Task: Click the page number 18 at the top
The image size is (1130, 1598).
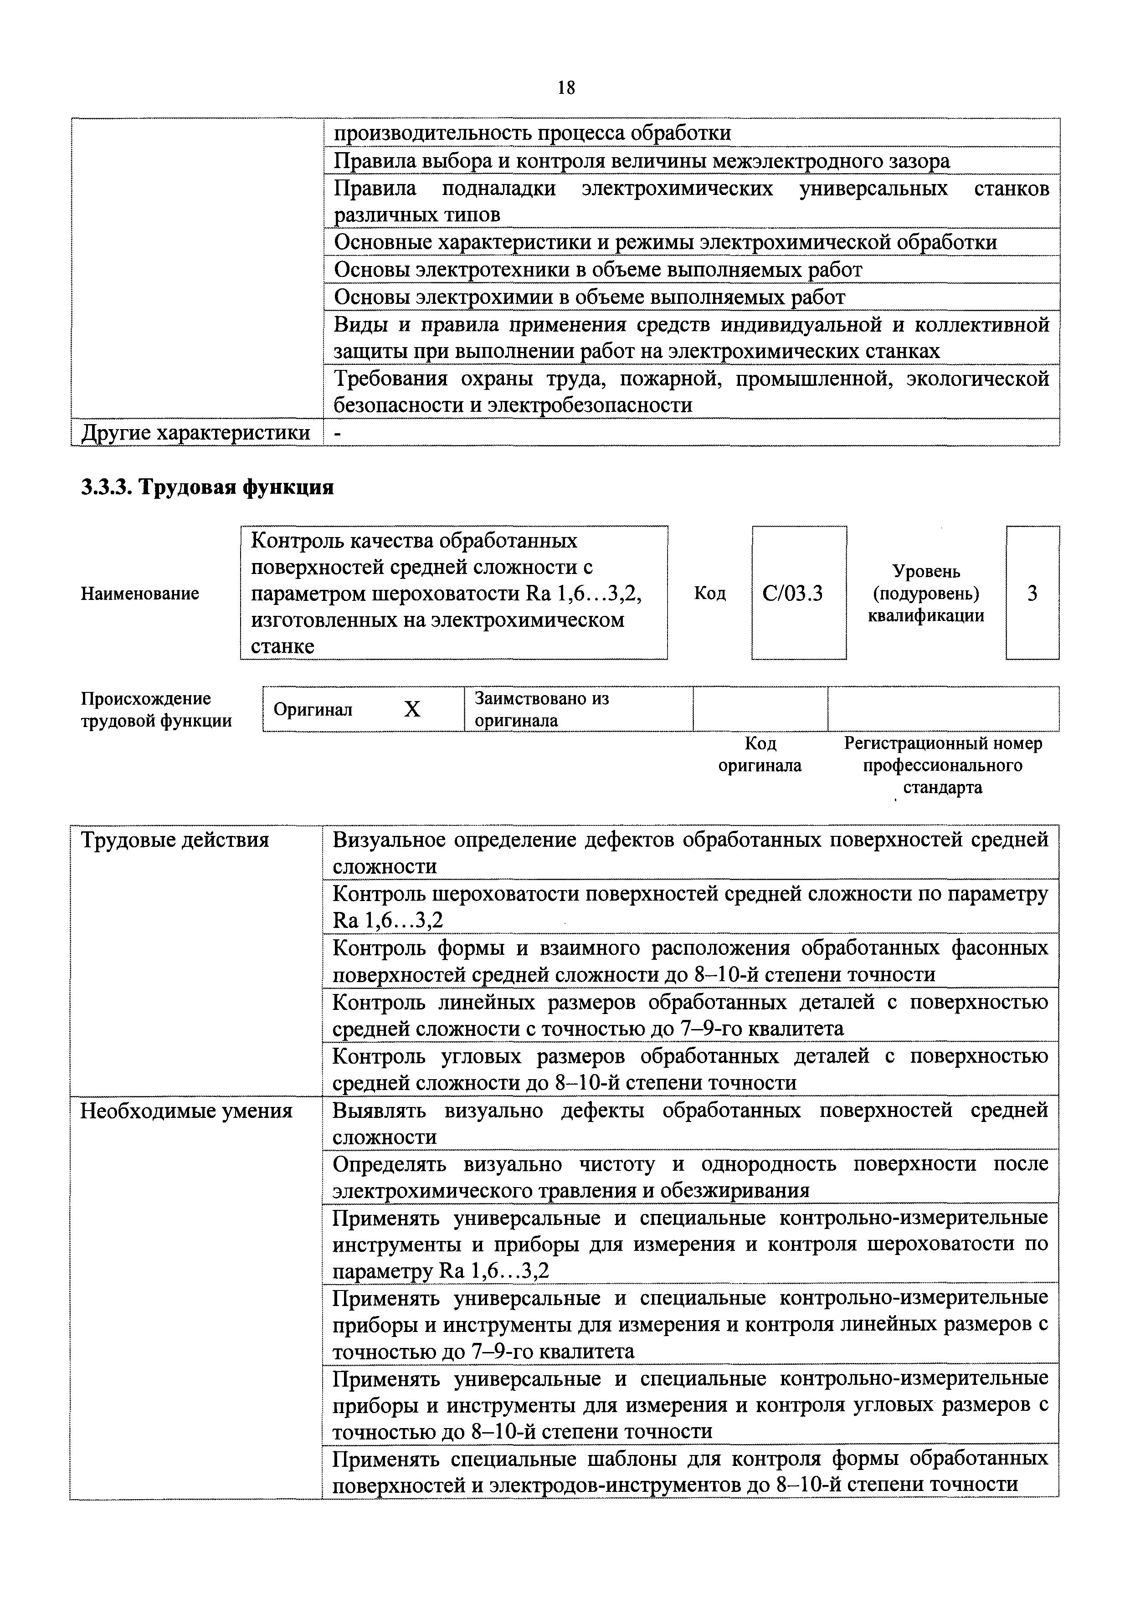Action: pyautogui.click(x=566, y=88)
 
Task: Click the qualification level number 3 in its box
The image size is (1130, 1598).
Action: pyautogui.click(x=1032, y=594)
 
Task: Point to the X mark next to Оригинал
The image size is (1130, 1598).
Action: pyautogui.click(x=413, y=709)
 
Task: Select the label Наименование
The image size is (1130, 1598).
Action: pyautogui.click(x=140, y=594)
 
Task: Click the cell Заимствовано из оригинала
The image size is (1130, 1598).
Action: pyautogui.click(x=542, y=709)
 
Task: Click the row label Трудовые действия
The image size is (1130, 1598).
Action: pyautogui.click(x=175, y=840)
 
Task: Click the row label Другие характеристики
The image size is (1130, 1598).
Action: pyautogui.click(x=195, y=433)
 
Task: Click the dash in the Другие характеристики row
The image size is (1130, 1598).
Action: pyautogui.click(x=339, y=433)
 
